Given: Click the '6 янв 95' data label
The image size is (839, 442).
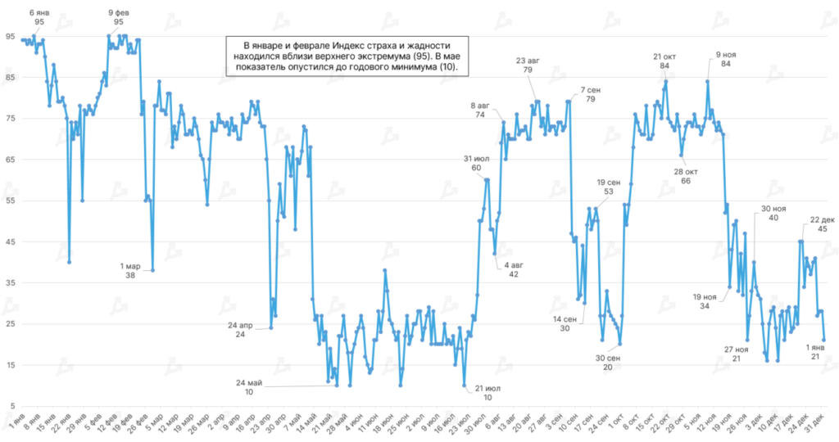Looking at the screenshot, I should [x=39, y=17].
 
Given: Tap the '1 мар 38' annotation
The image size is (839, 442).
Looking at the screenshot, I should [x=129, y=269].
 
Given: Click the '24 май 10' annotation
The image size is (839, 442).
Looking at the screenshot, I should [x=249, y=386].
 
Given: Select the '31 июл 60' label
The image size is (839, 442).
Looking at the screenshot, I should [x=476, y=162].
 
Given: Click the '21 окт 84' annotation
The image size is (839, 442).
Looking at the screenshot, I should [x=663, y=61].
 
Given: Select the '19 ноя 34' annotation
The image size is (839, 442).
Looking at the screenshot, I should [x=705, y=300].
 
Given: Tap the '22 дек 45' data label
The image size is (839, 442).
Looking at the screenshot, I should [x=822, y=224].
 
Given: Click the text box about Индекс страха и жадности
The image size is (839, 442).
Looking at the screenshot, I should [x=347, y=56].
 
